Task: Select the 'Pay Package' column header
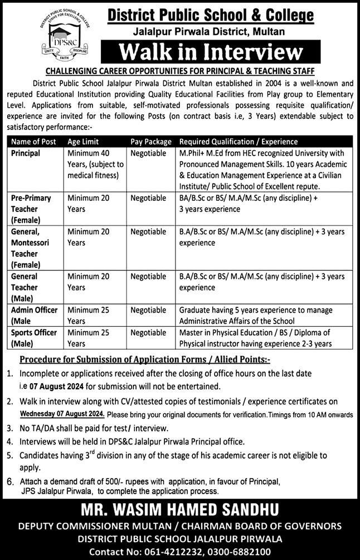[x=151, y=142]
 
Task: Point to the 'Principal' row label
[x=26, y=153]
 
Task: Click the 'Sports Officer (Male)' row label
[x=33, y=338]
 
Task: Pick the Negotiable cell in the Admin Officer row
[x=148, y=310]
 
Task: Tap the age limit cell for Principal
[x=95, y=164]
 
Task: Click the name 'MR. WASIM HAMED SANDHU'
[x=179, y=509]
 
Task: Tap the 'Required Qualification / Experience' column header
[x=239, y=142]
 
